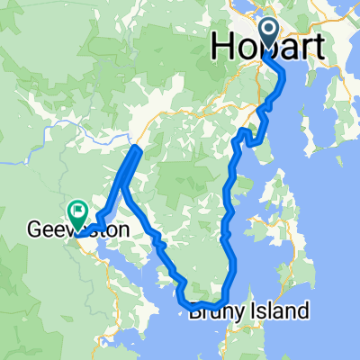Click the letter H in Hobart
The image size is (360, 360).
coord(224,49)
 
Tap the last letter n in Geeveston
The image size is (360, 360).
coord(122,230)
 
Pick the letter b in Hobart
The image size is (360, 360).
coord(264,49)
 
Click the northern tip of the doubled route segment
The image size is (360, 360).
coord(137,147)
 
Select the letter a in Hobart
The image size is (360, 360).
coord(283,50)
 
